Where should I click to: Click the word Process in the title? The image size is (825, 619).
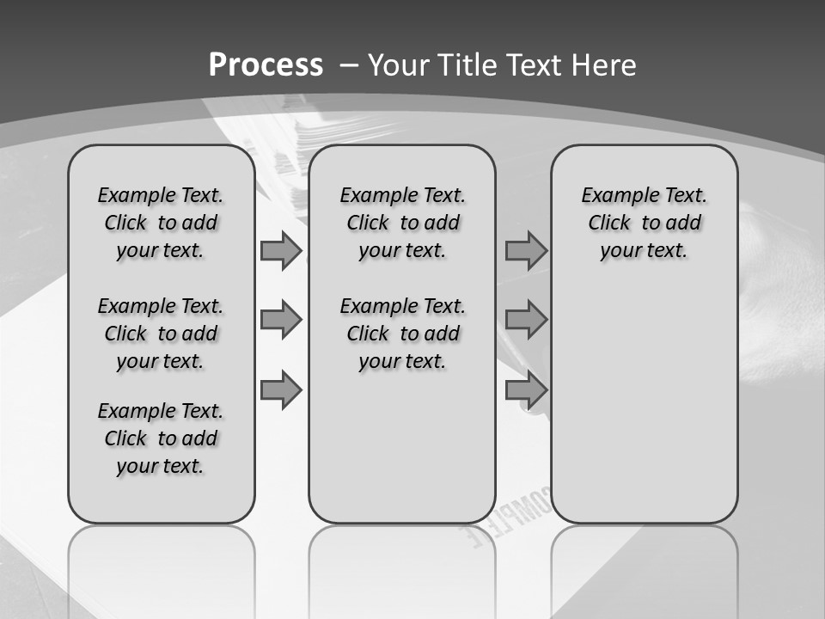coord(266,64)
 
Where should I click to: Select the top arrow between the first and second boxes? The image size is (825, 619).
coord(281,250)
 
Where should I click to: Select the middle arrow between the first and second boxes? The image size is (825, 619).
coord(281,320)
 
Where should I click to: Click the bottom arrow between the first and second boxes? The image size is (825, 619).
coord(281,390)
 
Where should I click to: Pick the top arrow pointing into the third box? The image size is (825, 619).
coord(526,250)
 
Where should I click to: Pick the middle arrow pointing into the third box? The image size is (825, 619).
coord(526,320)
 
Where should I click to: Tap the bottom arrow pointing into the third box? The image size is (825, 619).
coord(526,390)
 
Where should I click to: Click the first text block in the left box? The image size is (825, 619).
coord(161,223)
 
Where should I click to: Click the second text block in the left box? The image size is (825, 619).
coord(161,334)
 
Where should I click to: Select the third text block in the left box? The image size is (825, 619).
coord(161,438)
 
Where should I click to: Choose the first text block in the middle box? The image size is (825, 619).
coord(402,223)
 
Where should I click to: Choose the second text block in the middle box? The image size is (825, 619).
coord(402,334)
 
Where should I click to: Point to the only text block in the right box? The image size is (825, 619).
coord(644,223)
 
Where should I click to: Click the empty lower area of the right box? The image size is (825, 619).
coord(645,413)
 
